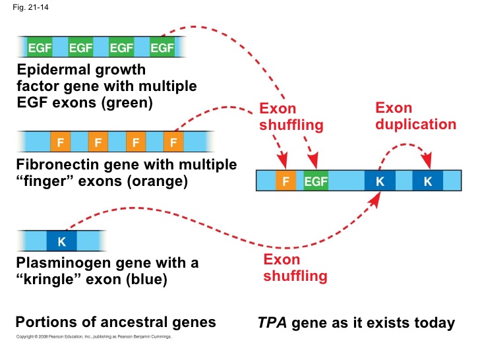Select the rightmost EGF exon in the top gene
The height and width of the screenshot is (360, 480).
coord(162,47)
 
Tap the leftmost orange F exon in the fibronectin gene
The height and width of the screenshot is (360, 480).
coord(61,141)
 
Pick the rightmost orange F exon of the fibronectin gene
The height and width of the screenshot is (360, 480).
coord(173,141)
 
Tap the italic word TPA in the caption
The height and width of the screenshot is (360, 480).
coord(272,322)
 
